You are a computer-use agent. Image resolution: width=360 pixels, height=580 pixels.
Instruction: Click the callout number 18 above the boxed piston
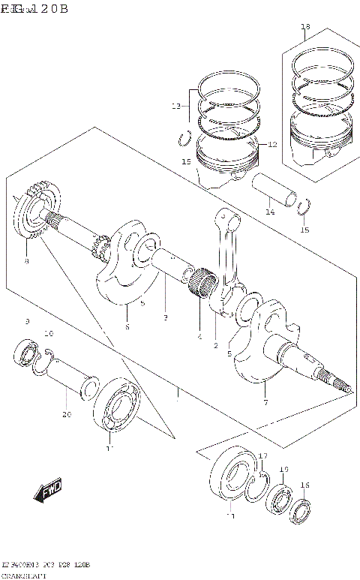[304, 28]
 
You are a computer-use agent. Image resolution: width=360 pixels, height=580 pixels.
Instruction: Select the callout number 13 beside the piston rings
[175, 107]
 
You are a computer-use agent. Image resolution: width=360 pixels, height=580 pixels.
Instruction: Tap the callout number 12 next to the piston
[272, 144]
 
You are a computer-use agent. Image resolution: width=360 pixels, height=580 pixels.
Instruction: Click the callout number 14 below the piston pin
[270, 212]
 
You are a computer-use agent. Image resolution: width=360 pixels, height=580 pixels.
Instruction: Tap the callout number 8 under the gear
[27, 261]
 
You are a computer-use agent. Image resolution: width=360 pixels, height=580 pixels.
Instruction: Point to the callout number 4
[199, 337]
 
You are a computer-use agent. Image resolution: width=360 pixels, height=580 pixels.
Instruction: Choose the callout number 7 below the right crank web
[265, 402]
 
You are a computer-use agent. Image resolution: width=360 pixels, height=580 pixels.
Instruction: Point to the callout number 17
[263, 456]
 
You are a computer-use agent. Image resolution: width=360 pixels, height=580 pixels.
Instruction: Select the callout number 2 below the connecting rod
[215, 346]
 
